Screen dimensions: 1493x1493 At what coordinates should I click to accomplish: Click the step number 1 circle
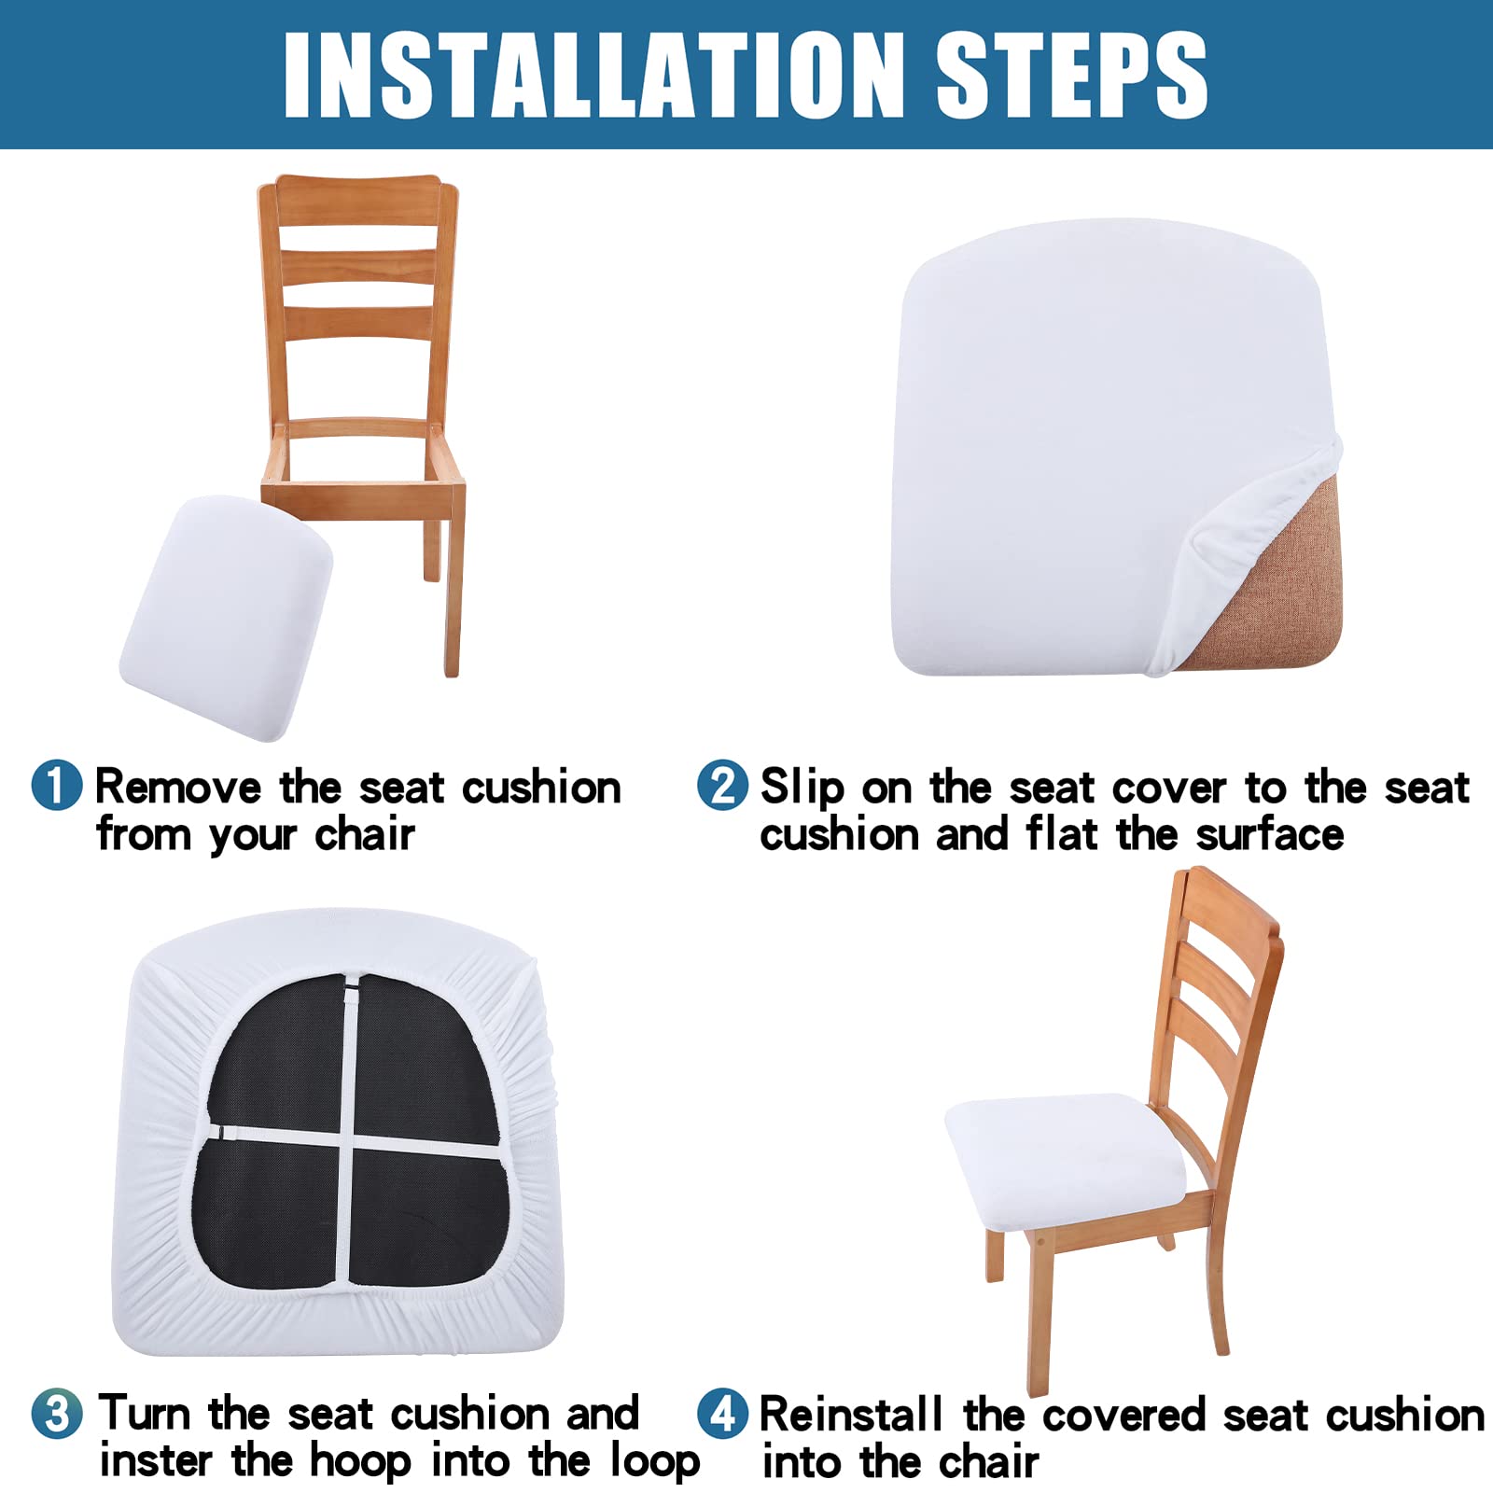57,785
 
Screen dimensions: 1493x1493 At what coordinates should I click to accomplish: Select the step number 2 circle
723,785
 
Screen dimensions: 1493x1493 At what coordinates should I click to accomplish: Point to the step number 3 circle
57,1413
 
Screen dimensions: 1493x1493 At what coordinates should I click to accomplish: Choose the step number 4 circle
723,1413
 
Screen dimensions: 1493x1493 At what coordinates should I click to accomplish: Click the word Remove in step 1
177,788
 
